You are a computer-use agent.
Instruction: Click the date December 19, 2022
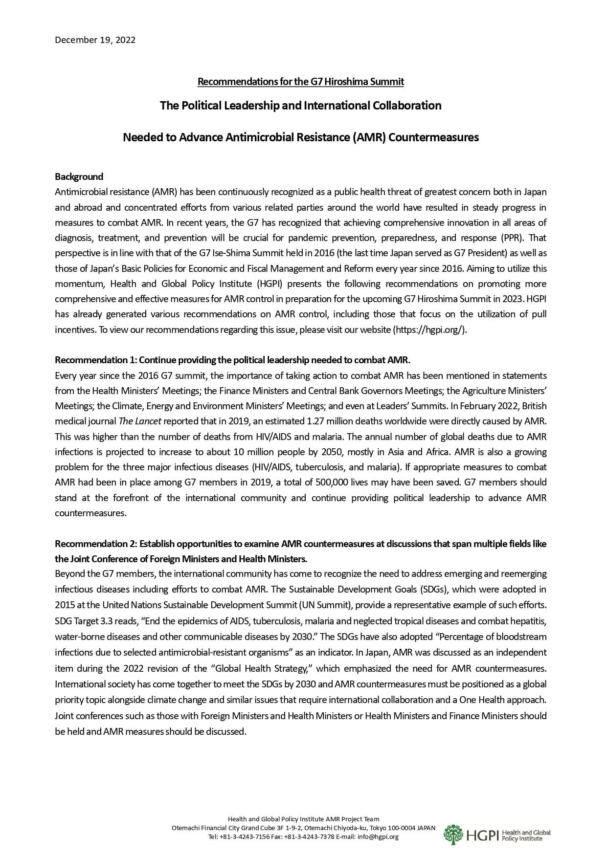pos(95,40)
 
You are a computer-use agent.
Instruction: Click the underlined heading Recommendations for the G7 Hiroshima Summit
pos(300,82)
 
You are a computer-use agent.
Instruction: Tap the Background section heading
pos(79,176)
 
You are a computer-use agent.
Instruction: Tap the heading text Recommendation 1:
pos(96,360)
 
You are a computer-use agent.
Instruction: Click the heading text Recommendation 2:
pos(96,544)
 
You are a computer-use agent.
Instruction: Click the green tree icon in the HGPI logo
pos(453,835)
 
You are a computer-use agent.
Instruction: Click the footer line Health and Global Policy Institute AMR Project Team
pos(303,819)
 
